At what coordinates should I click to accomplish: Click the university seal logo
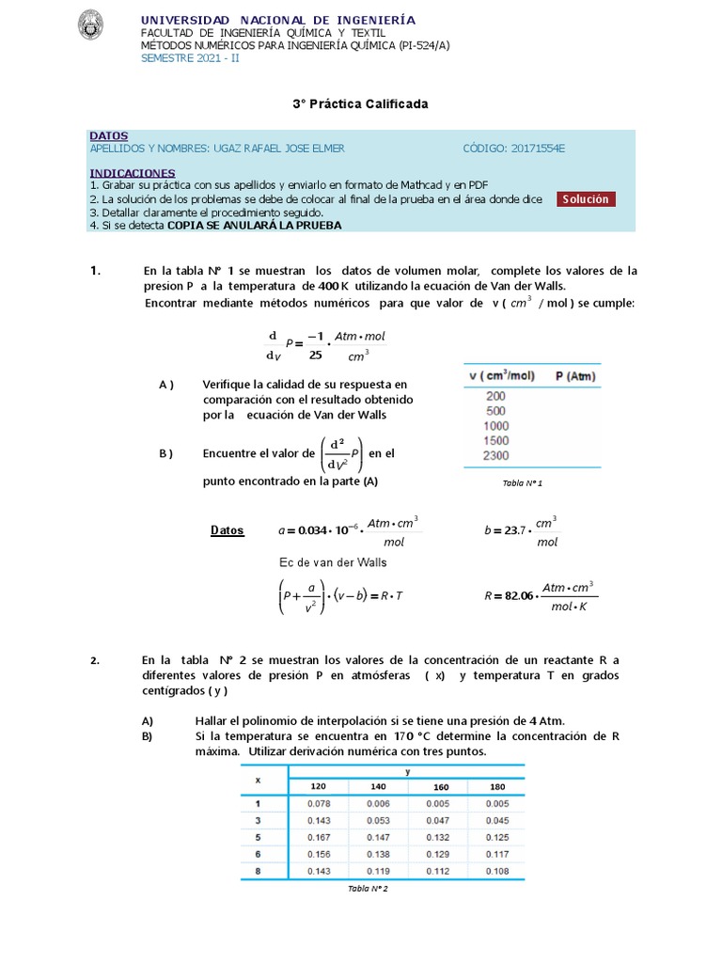tap(91, 25)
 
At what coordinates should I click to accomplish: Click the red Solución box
tap(586, 198)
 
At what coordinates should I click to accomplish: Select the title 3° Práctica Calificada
tap(360, 103)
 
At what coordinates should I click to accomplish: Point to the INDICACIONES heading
tap(133, 173)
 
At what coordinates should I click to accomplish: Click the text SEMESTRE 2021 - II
tap(190, 57)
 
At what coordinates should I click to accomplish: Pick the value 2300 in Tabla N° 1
tap(495, 456)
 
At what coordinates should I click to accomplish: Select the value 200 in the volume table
tap(495, 396)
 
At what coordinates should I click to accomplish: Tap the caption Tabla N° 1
tap(523, 482)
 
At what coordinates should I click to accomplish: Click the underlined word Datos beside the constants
tap(227, 530)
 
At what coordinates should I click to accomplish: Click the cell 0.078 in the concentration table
tap(320, 803)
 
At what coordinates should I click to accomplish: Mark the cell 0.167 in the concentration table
tap(320, 837)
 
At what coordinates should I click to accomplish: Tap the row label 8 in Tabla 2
tap(257, 871)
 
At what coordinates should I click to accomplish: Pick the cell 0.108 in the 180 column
tap(498, 871)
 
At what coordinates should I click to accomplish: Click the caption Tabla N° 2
tap(368, 889)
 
